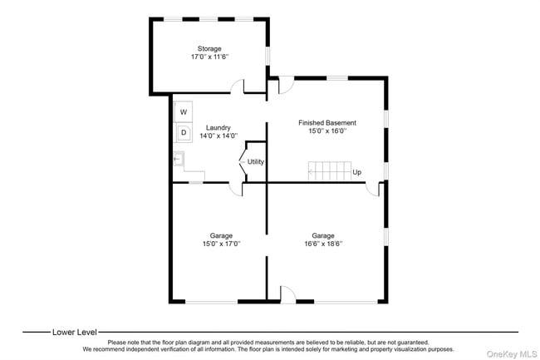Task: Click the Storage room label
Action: (x=209, y=48)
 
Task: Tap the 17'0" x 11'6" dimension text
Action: (x=209, y=57)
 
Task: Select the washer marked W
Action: (x=184, y=111)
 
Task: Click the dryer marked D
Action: (x=184, y=132)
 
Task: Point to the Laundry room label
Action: (x=218, y=128)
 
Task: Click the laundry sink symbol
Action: (x=179, y=159)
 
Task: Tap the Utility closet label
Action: (x=256, y=161)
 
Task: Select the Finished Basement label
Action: (x=327, y=123)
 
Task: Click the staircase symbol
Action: (x=330, y=171)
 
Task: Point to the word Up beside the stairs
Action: (x=356, y=172)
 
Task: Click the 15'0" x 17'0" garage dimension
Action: (x=221, y=244)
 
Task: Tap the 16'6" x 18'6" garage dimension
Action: (x=323, y=244)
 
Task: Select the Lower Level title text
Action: (x=75, y=332)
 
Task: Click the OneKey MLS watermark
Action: (x=512, y=354)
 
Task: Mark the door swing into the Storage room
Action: (x=238, y=86)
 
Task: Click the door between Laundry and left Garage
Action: (x=236, y=189)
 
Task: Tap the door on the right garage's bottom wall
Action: (x=288, y=294)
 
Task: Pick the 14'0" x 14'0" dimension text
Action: (x=218, y=136)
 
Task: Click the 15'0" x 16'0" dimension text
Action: (x=327, y=131)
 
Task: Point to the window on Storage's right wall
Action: (x=268, y=56)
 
